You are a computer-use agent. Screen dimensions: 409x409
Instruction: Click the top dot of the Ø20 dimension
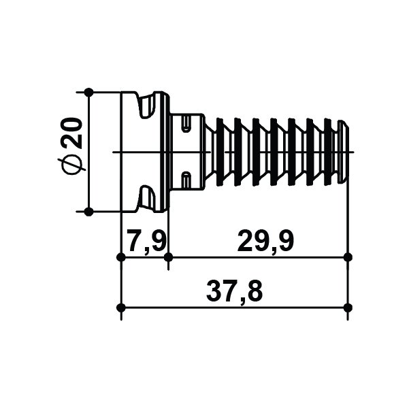click(89, 93)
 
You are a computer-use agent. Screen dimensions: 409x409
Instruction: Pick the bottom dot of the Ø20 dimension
click(89, 212)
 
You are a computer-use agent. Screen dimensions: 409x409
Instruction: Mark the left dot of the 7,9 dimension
click(121, 257)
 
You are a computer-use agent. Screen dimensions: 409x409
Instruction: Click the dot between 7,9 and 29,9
click(168, 257)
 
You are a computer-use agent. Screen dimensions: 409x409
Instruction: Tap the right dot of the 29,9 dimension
click(348, 257)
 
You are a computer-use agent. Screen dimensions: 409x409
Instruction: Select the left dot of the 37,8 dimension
click(121, 308)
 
